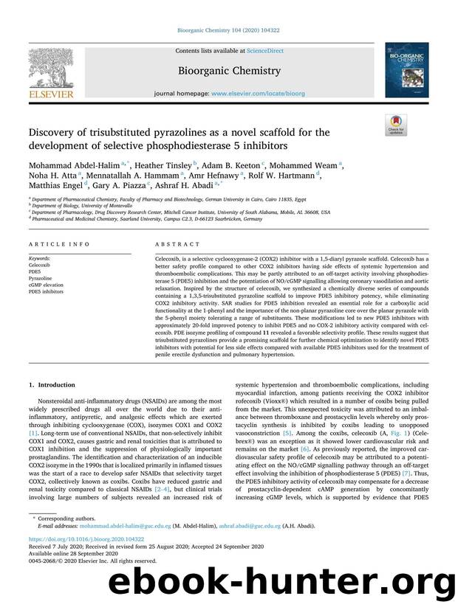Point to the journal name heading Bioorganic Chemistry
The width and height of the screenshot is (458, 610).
[228, 71]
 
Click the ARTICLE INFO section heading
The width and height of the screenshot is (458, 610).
[49, 243]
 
